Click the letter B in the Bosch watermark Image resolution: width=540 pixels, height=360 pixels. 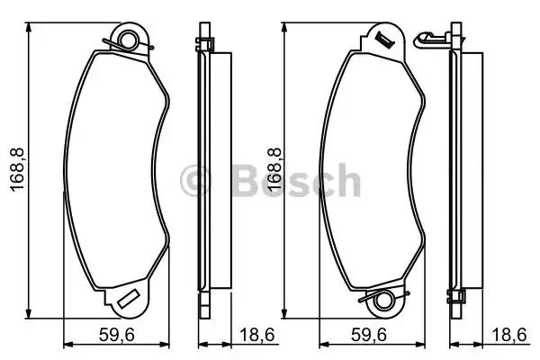(247, 181)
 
